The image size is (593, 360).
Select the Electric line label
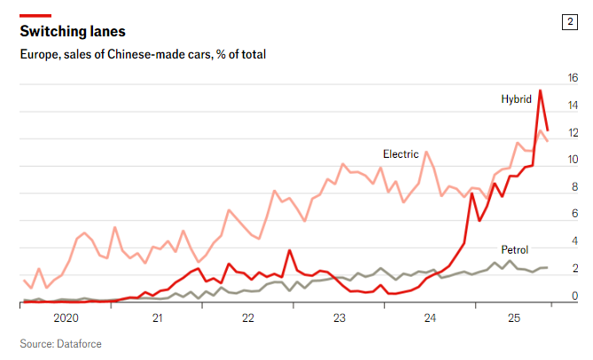[x=400, y=153]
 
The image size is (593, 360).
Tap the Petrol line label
[x=516, y=250]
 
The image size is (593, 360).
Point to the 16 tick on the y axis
[x=573, y=78]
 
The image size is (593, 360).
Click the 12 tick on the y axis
[x=573, y=133]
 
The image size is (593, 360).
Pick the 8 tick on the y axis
[x=573, y=187]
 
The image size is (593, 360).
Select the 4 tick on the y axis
[x=573, y=241]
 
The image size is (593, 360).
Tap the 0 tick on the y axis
[x=573, y=296]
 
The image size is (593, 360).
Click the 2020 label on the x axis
[x=66, y=317]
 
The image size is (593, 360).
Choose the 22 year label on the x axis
[x=247, y=317]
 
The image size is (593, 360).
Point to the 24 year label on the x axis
[x=429, y=317]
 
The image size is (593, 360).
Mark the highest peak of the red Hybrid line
[x=541, y=90]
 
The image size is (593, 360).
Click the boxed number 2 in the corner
[x=569, y=22]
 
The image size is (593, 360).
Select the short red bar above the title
[x=35, y=15]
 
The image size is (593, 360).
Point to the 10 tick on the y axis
[x=573, y=160]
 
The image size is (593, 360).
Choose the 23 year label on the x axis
[x=339, y=317]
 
